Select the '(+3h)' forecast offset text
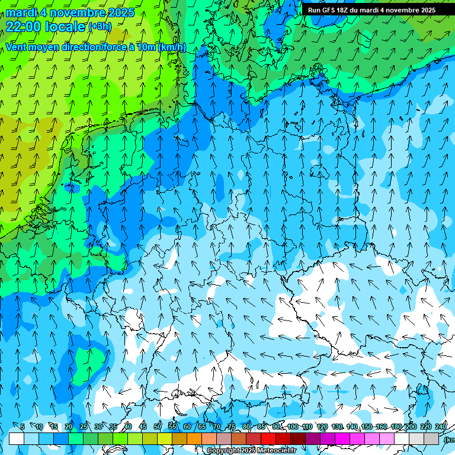point(99,27)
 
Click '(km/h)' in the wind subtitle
point(172,47)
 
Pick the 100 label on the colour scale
point(293,427)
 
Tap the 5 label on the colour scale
point(22,427)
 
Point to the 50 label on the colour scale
point(158,427)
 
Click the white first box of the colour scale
point(17,438)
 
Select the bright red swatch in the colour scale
point(268,438)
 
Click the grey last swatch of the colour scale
point(431,438)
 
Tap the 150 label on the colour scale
point(367,427)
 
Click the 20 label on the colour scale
point(69,427)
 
